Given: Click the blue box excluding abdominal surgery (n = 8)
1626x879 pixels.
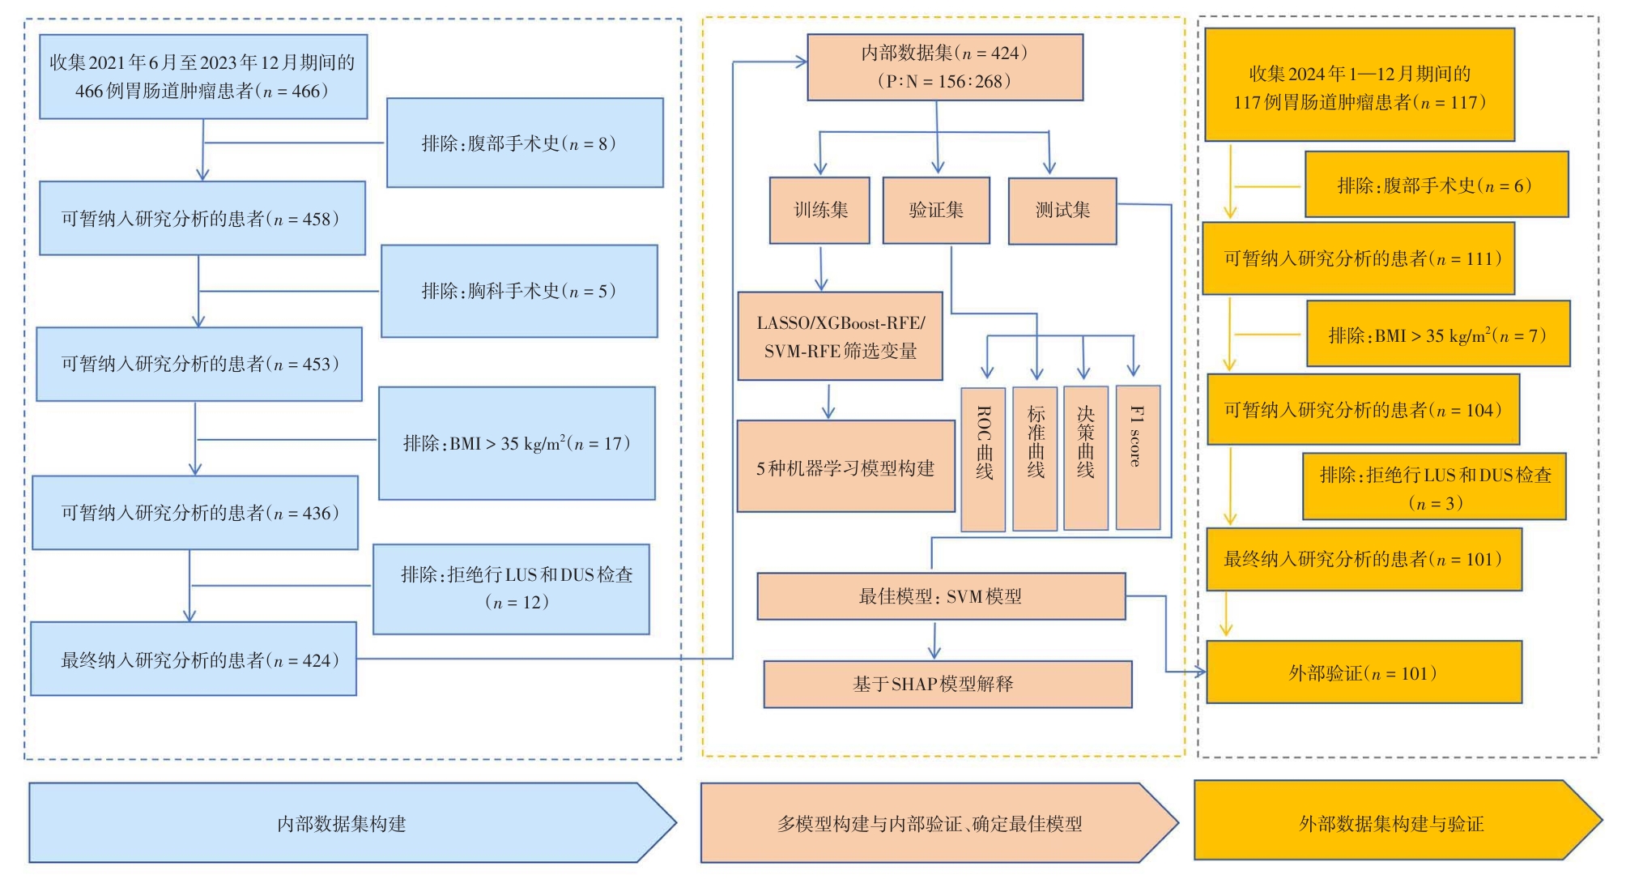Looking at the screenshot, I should point(525,143).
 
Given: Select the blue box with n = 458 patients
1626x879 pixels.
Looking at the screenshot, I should point(202,219).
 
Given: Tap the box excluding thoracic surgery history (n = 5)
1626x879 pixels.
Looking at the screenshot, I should point(519,291).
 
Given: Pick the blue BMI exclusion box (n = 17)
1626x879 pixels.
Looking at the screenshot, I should point(517,443).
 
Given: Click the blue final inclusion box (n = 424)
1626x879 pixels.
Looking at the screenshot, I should point(194,659).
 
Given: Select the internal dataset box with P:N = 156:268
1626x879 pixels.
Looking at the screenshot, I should point(945,67).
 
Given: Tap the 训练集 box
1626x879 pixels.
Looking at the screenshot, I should point(819,211).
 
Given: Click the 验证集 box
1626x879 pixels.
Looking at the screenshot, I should point(936,211).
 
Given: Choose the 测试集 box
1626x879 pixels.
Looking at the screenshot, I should point(1062,211).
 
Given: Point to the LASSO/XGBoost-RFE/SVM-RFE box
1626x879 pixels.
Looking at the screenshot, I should point(841,336).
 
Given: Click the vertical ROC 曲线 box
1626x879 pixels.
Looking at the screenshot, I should point(983,459).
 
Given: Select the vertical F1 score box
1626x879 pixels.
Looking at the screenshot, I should point(1138,458).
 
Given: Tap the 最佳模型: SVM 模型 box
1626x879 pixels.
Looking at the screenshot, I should point(941,597).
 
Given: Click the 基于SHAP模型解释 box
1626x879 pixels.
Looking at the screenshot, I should point(947,685).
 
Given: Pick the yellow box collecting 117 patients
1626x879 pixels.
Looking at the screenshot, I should point(1360,86).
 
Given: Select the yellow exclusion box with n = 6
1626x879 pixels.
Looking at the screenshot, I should point(1437,185).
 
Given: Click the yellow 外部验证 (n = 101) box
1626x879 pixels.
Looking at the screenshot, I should point(1364,672).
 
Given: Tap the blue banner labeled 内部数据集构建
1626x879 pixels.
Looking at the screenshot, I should point(342,823).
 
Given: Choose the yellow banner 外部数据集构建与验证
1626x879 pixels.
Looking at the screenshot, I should point(1391,823).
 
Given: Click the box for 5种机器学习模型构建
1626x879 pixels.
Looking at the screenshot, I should point(845,467).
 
